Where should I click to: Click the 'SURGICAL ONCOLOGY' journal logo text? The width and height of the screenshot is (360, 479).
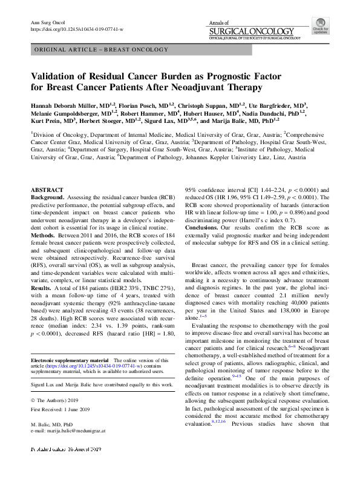tap(254, 29)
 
